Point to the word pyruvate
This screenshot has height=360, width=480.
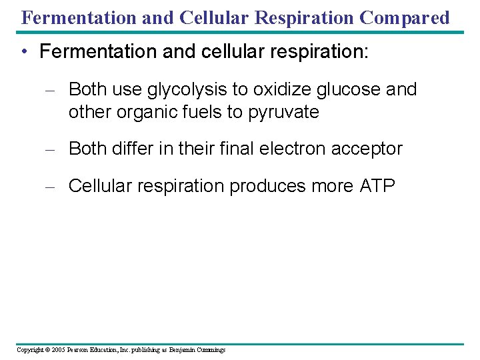click(x=283, y=112)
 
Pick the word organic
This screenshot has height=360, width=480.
click(x=147, y=112)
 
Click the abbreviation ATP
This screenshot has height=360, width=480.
click(x=378, y=186)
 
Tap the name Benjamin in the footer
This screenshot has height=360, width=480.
click(x=181, y=349)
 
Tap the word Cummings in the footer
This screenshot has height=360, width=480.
click(x=211, y=349)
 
